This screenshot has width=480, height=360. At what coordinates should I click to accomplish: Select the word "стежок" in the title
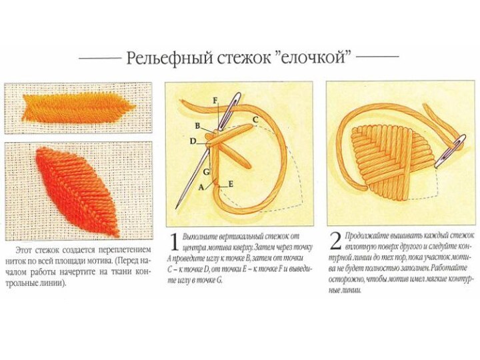click(x=244, y=57)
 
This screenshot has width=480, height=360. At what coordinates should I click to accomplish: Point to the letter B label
click(x=197, y=125)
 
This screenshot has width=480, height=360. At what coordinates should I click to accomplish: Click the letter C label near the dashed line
click(x=255, y=119)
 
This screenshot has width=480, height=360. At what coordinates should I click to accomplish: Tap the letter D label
click(x=193, y=141)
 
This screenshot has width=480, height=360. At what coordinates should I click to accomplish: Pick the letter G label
click(x=207, y=172)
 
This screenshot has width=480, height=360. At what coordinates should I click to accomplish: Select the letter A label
click(x=201, y=187)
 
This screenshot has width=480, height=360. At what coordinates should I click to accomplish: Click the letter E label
click(x=230, y=184)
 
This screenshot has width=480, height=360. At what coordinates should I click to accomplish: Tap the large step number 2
click(x=336, y=241)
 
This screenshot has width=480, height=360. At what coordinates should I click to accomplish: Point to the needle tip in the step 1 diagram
click(x=177, y=207)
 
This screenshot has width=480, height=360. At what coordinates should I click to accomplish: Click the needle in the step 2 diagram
click(x=450, y=151)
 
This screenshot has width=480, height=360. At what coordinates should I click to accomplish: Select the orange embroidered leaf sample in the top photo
click(x=79, y=108)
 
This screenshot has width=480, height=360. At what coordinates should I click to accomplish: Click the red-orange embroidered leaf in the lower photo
click(x=77, y=192)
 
